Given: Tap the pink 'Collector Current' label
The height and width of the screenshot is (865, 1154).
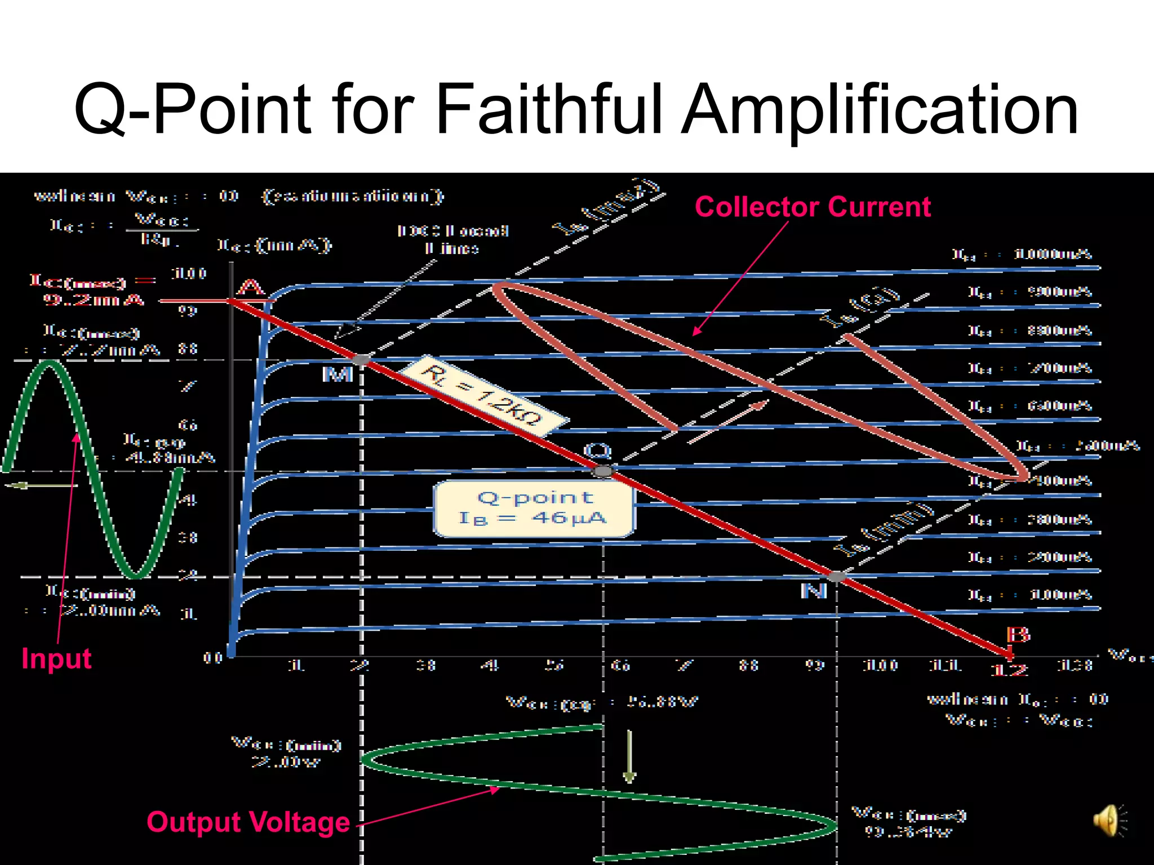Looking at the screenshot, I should [x=813, y=207].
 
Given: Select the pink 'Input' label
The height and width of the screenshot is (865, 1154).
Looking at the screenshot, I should [x=56, y=658].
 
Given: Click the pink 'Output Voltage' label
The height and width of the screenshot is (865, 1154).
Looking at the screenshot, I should [x=248, y=822].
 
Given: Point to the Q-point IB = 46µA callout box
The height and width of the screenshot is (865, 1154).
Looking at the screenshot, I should [x=534, y=508].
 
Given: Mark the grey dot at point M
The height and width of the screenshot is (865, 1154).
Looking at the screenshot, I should [x=361, y=359].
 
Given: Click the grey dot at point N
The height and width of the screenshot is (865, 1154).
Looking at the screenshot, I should [x=837, y=576].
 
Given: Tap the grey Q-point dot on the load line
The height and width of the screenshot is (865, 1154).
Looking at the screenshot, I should [x=603, y=471].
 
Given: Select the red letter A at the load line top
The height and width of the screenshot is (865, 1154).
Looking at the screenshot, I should [x=251, y=288].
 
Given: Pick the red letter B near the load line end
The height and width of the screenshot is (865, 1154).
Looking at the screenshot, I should [x=1018, y=635].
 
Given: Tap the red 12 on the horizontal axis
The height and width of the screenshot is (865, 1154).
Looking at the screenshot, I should [x=1009, y=670].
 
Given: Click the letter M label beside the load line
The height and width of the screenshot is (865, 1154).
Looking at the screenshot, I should [x=338, y=374].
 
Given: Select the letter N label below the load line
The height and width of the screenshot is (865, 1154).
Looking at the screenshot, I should [x=814, y=591].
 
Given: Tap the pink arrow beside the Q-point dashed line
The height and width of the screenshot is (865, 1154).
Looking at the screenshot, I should [x=728, y=422].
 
